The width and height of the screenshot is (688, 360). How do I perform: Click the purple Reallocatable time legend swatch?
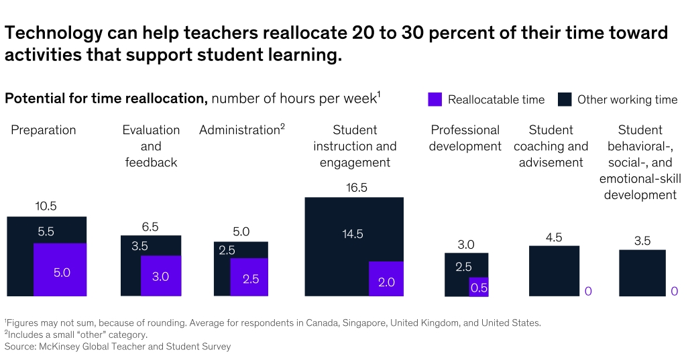(435, 99)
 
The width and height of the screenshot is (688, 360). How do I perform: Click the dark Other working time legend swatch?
(565, 99)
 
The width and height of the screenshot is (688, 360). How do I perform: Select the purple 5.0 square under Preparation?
(60, 269)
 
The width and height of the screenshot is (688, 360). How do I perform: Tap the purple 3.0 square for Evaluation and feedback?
(161, 276)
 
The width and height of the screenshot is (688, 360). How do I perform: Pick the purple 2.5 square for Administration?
(249, 277)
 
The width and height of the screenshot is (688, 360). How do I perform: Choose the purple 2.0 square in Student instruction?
(386, 279)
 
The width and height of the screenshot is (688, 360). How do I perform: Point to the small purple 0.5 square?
(479, 287)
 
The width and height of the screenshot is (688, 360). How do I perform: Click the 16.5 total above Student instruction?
(357, 188)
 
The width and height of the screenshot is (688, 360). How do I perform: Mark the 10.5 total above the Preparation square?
(46, 207)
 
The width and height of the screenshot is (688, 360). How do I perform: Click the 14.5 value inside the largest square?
(352, 234)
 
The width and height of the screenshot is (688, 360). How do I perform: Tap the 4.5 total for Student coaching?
(554, 237)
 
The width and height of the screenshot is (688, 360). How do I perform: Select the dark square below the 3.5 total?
(642, 273)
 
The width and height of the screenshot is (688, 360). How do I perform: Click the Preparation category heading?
(44, 130)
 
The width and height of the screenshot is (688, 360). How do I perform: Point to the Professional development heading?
(465, 138)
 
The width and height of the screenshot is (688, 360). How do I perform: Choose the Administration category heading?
(240, 130)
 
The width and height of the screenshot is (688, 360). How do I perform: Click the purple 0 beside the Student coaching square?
(588, 291)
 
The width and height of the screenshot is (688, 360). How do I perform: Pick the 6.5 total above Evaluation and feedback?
(151, 227)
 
